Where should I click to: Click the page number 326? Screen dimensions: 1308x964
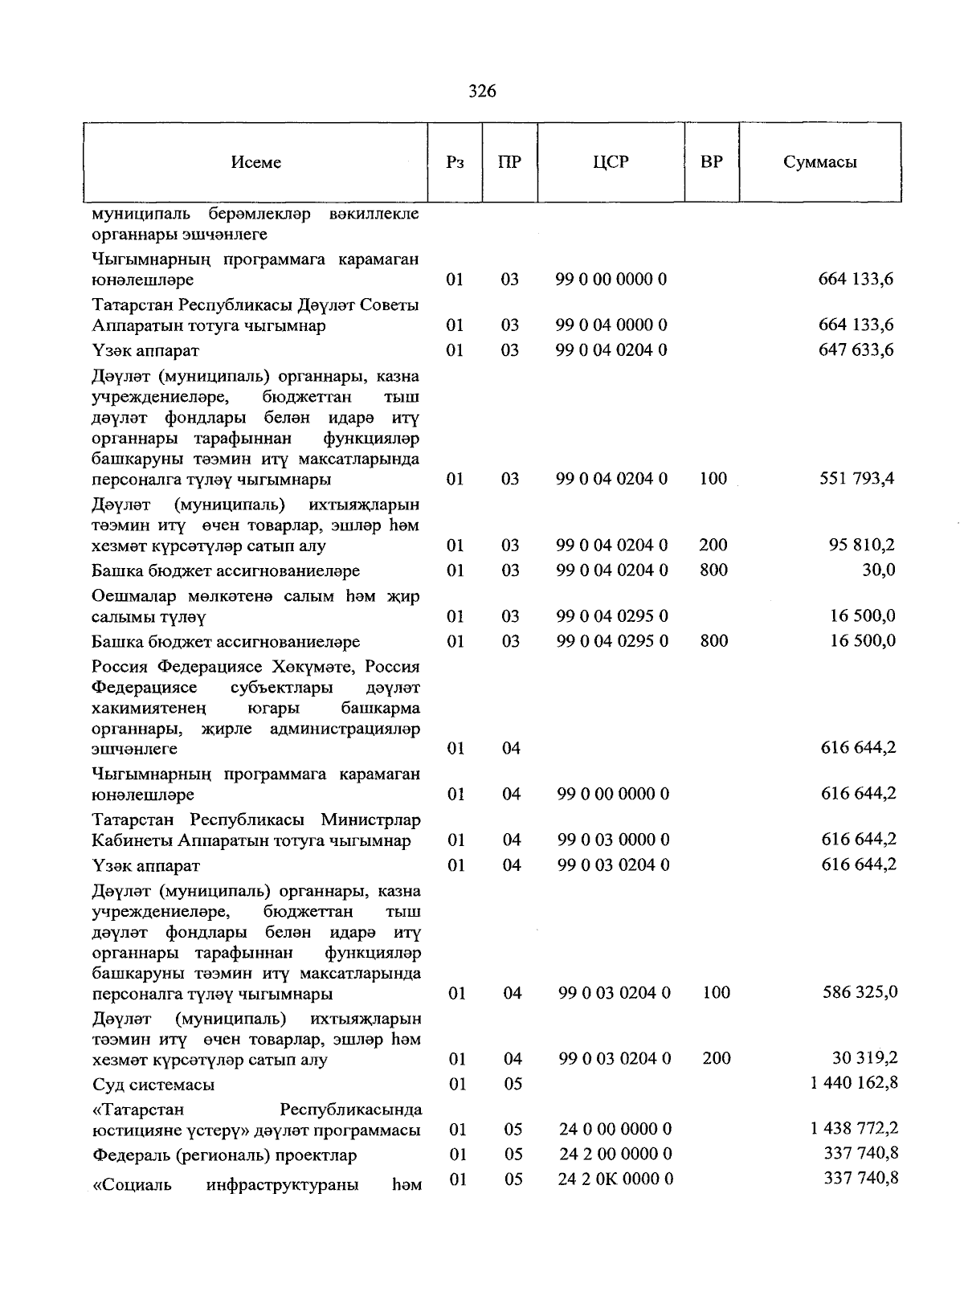point(482,91)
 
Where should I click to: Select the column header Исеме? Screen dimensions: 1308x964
point(255,162)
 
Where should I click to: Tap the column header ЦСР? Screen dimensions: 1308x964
point(611,162)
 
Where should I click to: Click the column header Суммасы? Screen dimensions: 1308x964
point(819,162)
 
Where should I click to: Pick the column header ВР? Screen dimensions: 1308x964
point(711,162)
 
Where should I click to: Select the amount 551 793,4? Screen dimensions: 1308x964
point(856,479)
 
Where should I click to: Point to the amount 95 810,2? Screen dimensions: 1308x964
point(862,546)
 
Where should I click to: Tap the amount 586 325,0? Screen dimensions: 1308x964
point(860,992)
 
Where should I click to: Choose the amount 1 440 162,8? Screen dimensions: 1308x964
point(854,1083)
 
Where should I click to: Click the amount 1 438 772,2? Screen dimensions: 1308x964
point(854,1129)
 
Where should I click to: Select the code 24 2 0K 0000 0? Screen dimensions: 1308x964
point(615,1179)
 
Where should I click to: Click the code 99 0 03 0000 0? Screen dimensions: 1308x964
point(613,840)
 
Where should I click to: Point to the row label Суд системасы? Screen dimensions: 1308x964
point(153,1085)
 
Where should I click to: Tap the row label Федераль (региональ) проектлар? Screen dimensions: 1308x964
point(224,1155)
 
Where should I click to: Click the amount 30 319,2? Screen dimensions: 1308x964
point(864,1058)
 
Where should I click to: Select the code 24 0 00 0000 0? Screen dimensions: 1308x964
point(615,1130)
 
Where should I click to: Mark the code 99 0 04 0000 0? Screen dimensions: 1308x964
point(611,325)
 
